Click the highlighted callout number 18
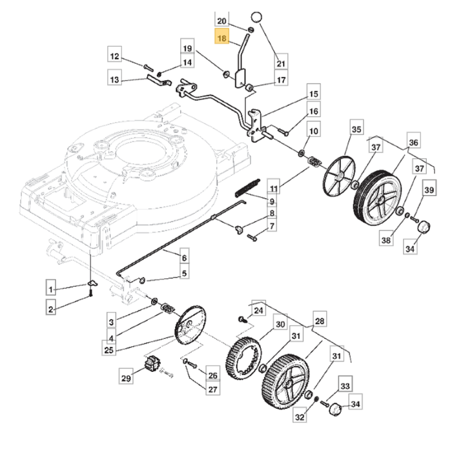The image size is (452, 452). pos(222,39)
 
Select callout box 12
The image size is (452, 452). pos(114,57)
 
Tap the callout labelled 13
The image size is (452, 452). pos(114,80)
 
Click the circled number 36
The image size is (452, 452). pos(413,143)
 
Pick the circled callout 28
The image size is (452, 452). pos(319,321)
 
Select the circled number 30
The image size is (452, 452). pos(280,324)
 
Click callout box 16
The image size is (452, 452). pos(313,112)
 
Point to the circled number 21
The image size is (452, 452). pos(280,63)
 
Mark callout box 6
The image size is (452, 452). pos(185,258)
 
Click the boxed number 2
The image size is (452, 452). pos(51,309)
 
